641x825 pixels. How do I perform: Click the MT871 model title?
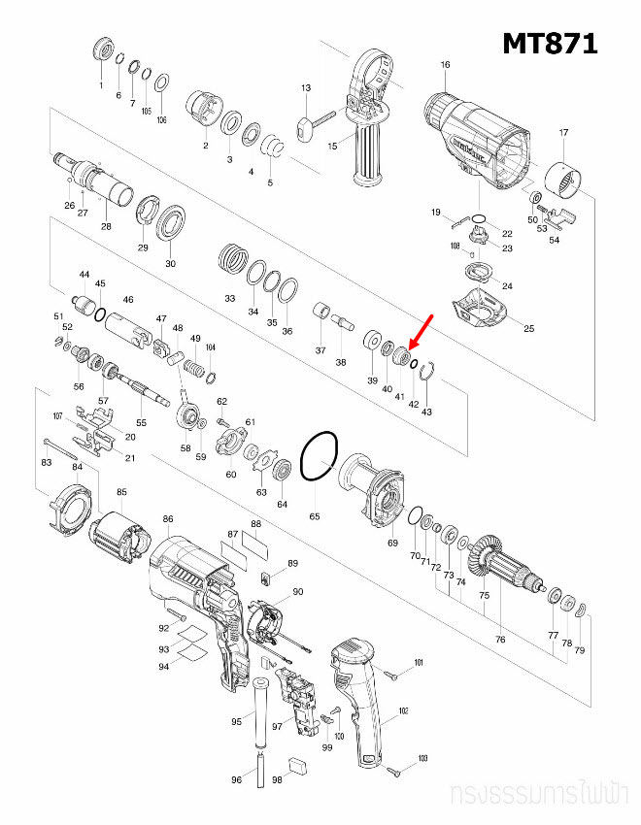pyautogui.click(x=549, y=43)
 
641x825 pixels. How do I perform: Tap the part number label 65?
pyautogui.click(x=315, y=516)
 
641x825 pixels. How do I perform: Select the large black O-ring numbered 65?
pyautogui.click(x=319, y=456)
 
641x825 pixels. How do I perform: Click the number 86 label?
pyautogui.click(x=168, y=520)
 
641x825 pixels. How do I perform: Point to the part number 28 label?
pyautogui.click(x=105, y=226)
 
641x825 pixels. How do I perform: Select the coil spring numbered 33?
pyautogui.click(x=232, y=259)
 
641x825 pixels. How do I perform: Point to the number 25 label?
pyautogui.click(x=529, y=328)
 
